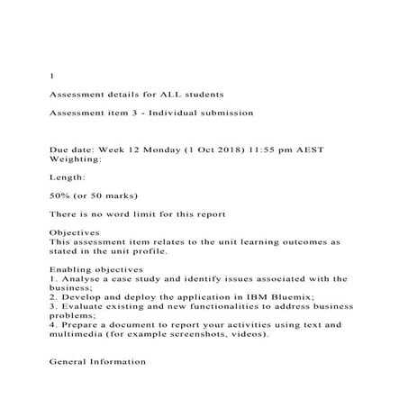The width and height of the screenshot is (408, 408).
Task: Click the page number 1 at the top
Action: tap(50, 76)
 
